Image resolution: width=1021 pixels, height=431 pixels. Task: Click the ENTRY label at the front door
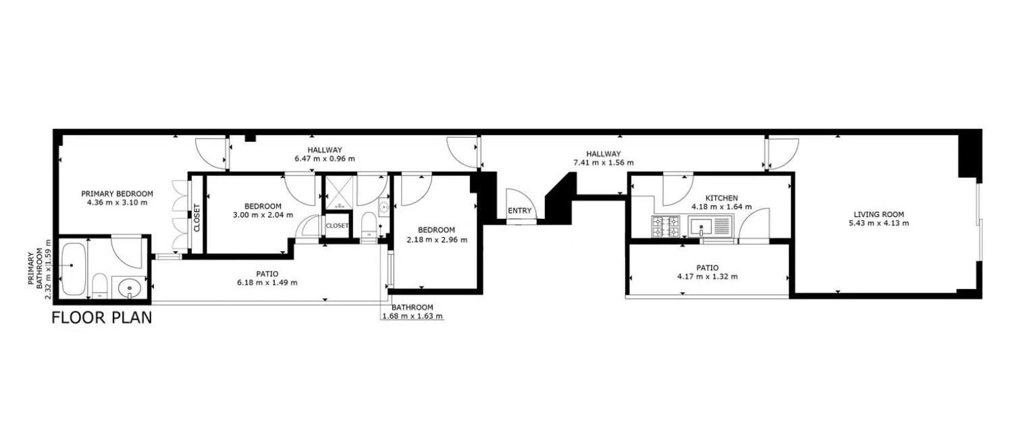coord(520,211)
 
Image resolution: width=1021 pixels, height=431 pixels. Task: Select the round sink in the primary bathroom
coord(130,288)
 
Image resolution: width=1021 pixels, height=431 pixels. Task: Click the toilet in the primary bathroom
coord(99,286)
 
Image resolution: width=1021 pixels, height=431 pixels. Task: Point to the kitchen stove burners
coord(666,227)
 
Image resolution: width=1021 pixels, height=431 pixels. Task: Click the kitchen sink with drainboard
coord(710,227)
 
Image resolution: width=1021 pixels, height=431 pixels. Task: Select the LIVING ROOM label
coord(879,214)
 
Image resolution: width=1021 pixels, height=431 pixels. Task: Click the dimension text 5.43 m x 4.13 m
coord(879,224)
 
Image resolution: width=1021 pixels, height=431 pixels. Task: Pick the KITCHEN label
coord(722,198)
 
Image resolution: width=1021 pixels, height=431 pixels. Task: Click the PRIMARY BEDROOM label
coord(117,193)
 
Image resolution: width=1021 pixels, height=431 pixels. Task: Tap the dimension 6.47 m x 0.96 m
coord(325,159)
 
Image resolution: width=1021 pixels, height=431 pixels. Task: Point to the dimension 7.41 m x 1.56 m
coord(604,162)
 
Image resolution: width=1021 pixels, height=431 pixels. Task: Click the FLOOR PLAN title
coord(102,318)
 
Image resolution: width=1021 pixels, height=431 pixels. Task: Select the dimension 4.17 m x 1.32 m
coord(708,276)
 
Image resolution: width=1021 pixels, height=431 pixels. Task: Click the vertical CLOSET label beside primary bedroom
coord(197,218)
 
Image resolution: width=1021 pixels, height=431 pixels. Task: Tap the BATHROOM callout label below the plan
coord(413,307)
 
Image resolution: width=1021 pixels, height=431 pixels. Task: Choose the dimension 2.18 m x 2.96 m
coord(437,239)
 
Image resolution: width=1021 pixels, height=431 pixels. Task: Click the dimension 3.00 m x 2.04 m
coord(263,215)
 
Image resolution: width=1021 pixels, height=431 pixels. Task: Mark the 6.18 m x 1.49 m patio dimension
coord(267,283)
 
